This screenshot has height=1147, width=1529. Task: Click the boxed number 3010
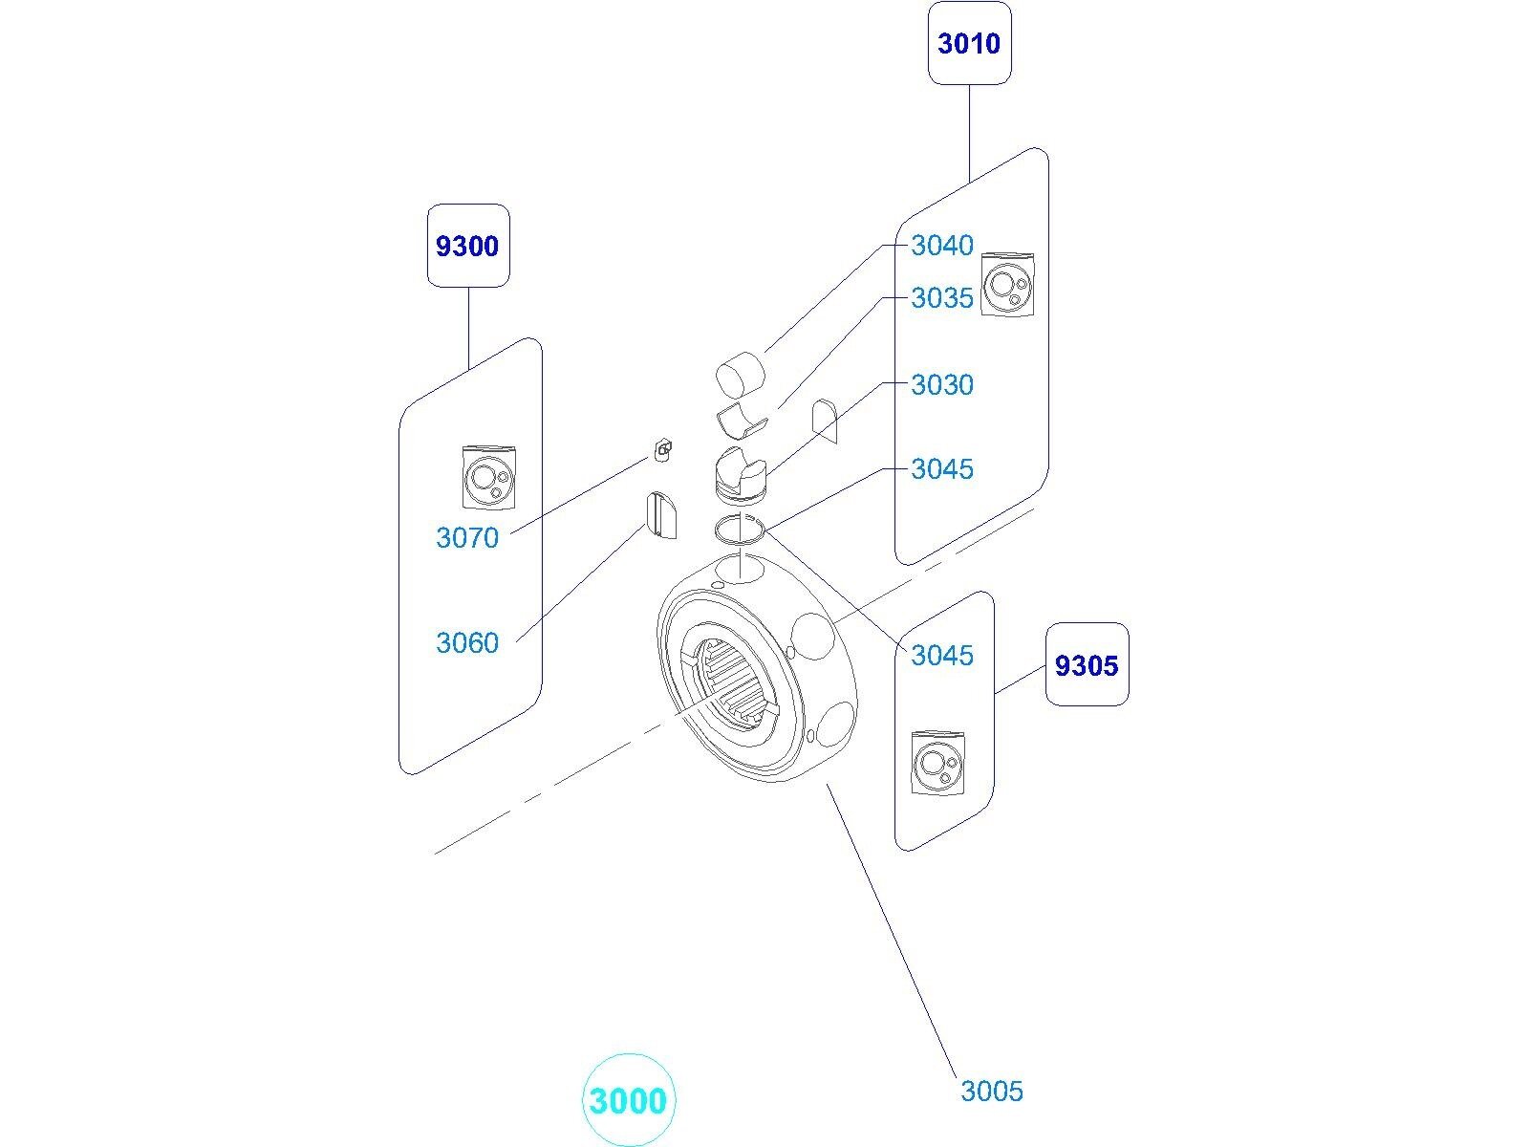click(969, 43)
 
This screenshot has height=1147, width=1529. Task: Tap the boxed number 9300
click(467, 246)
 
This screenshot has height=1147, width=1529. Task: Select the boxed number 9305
click(1087, 664)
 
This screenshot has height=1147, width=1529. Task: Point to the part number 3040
click(941, 246)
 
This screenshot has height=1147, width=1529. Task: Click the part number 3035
click(941, 298)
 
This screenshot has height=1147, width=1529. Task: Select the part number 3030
click(941, 385)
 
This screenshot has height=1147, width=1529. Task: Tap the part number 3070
click(467, 538)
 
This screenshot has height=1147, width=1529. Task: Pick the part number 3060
click(467, 643)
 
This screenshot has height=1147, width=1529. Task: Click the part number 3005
click(991, 1091)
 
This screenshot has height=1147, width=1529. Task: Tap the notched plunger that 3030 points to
click(742, 474)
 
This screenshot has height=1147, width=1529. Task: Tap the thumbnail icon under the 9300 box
click(488, 476)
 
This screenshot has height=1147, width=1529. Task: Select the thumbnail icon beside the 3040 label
click(1008, 284)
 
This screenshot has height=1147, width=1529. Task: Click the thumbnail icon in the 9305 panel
click(937, 762)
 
